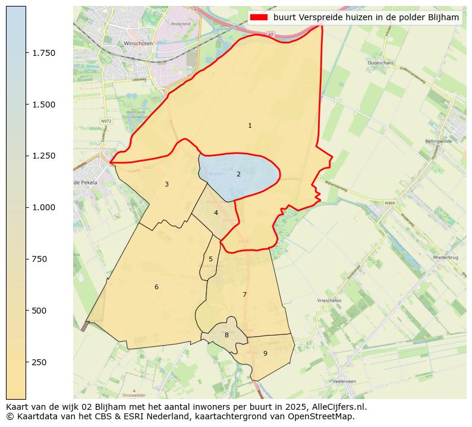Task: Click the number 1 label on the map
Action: click(x=250, y=125)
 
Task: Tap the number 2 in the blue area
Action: click(x=238, y=174)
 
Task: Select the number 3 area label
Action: click(x=166, y=184)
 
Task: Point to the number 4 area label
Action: click(x=216, y=213)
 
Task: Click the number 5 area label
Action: click(x=210, y=259)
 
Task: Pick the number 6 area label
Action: click(x=156, y=287)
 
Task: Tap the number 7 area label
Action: click(x=244, y=295)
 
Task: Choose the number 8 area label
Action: click(x=226, y=335)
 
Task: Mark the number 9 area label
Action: click(x=265, y=353)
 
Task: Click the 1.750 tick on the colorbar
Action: click(x=44, y=53)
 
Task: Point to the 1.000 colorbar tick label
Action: click(x=44, y=207)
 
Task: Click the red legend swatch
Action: click(x=259, y=17)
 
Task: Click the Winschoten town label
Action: click(x=138, y=43)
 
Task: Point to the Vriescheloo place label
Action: click(x=329, y=301)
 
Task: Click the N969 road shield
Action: click(x=389, y=203)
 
